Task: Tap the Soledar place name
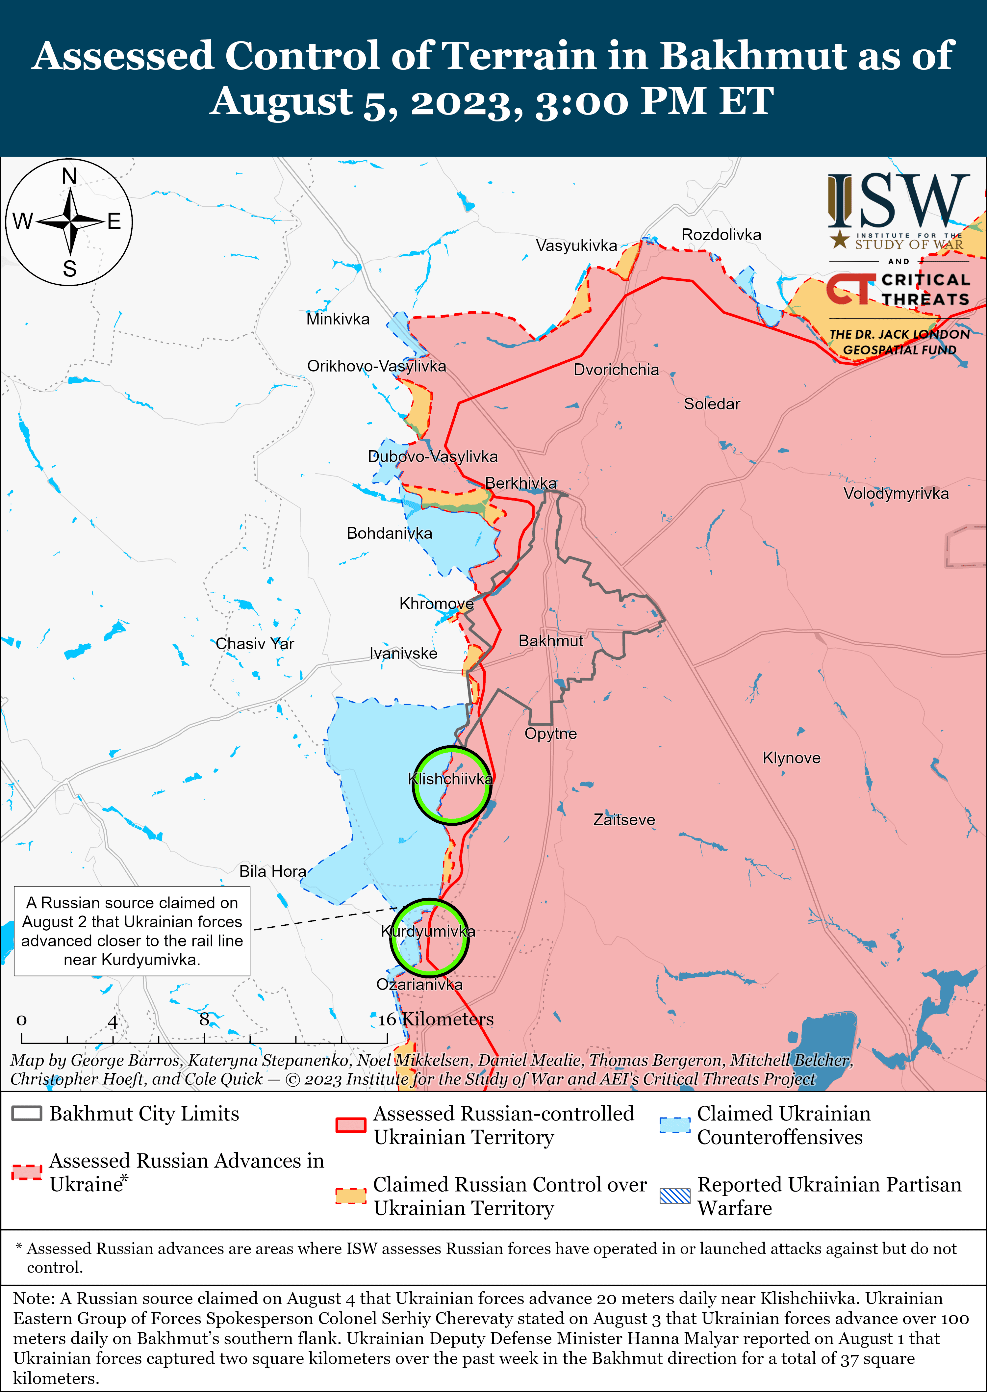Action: pos(712,404)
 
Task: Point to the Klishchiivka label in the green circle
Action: pos(450,779)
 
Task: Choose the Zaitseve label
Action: pos(624,820)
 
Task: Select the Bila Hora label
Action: pos(272,872)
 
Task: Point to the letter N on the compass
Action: pos(69,176)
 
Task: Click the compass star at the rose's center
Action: pos(70,221)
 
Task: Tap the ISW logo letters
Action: pos(898,201)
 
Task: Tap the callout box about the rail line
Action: pos(132,931)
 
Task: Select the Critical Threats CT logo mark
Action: pos(850,288)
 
